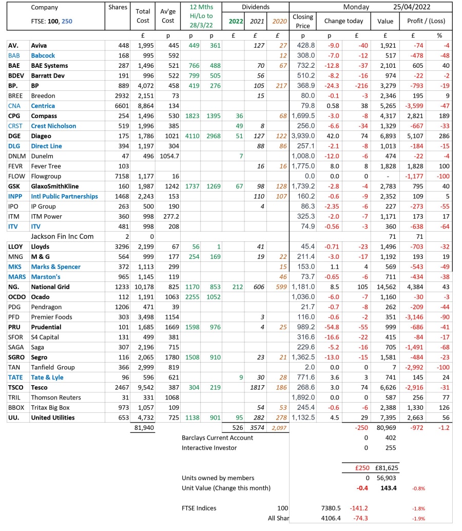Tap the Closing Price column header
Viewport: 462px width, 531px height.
[303, 21]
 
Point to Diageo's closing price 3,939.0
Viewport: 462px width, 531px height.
[303, 136]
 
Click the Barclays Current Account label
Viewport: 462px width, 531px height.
[217, 438]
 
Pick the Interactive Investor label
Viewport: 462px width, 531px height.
[209, 448]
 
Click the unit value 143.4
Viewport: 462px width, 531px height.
[389, 488]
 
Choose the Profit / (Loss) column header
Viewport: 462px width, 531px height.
[426, 21]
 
